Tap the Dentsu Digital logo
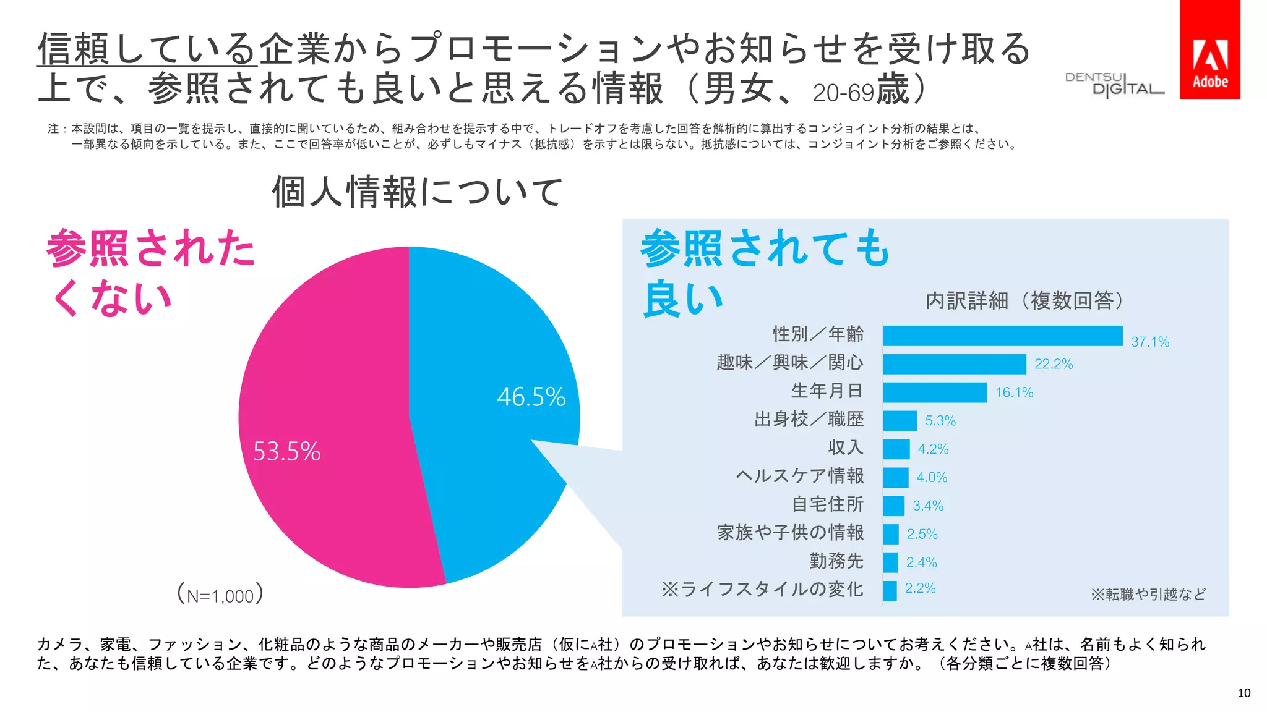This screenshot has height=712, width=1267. pos(1114,84)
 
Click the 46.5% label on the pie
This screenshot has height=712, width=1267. pos(531,397)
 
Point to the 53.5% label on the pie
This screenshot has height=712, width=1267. pos(286,452)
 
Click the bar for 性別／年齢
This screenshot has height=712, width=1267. pos(1002,336)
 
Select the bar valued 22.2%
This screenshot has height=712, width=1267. pos(954,364)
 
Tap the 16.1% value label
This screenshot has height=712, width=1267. pos(1014,392)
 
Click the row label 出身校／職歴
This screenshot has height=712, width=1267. pos(809,420)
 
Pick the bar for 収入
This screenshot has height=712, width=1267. pos(896,449)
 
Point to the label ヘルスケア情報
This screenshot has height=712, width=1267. pos(799,476)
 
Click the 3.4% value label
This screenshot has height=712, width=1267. pos(928,506)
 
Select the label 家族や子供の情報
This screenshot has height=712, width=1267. pos(790,533)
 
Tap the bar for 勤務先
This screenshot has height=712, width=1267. pos(890,562)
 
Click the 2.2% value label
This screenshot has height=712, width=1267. pos(920,588)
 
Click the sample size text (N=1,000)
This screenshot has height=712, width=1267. pos(220,595)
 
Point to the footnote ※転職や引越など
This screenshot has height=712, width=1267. pos(1148,595)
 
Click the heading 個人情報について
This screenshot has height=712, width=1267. pos(418,192)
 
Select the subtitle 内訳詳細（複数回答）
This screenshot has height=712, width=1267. pos(1024,301)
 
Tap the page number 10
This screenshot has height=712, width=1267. pos(1243,693)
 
